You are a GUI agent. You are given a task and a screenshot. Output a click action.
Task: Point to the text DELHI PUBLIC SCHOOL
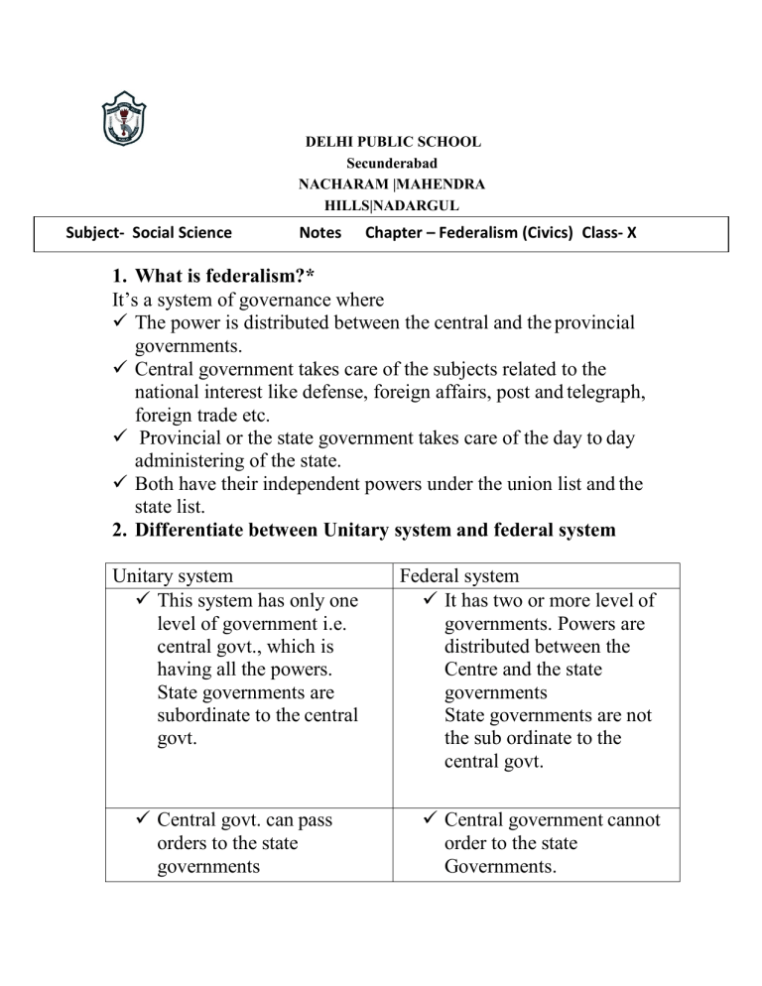pyautogui.click(x=392, y=142)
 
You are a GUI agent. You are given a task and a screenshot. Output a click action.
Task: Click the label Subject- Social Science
pyautogui.click(x=148, y=233)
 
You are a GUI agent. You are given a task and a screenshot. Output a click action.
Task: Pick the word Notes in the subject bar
pyautogui.click(x=320, y=233)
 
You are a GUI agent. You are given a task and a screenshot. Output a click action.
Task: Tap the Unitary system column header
pyautogui.click(x=174, y=576)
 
